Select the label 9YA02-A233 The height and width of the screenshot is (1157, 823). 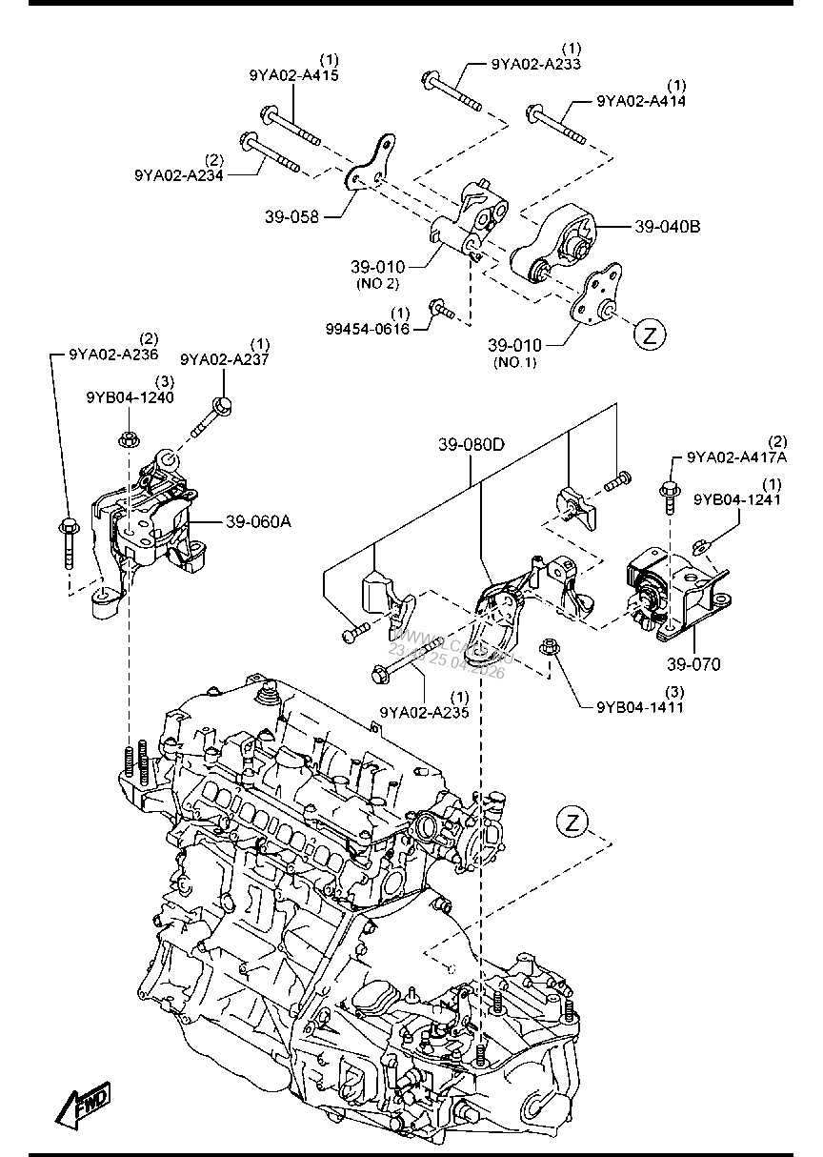click(x=536, y=64)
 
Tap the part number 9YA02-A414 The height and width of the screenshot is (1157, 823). click(x=641, y=100)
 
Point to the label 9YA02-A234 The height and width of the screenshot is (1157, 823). click(x=178, y=174)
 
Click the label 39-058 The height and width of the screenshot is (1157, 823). click(x=291, y=216)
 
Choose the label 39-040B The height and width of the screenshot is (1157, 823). click(x=667, y=227)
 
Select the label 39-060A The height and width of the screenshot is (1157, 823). click(x=258, y=521)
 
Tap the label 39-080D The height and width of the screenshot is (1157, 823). click(x=473, y=445)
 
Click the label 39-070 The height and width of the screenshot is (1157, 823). click(x=694, y=663)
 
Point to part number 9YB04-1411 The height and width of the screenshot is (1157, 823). click(x=639, y=706)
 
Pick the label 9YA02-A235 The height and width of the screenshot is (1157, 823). click(x=424, y=711)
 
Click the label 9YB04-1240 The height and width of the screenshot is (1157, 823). click(x=130, y=397)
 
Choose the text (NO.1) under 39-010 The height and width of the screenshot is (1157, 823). click(x=514, y=362)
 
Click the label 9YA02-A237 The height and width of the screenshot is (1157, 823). click(x=225, y=358)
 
